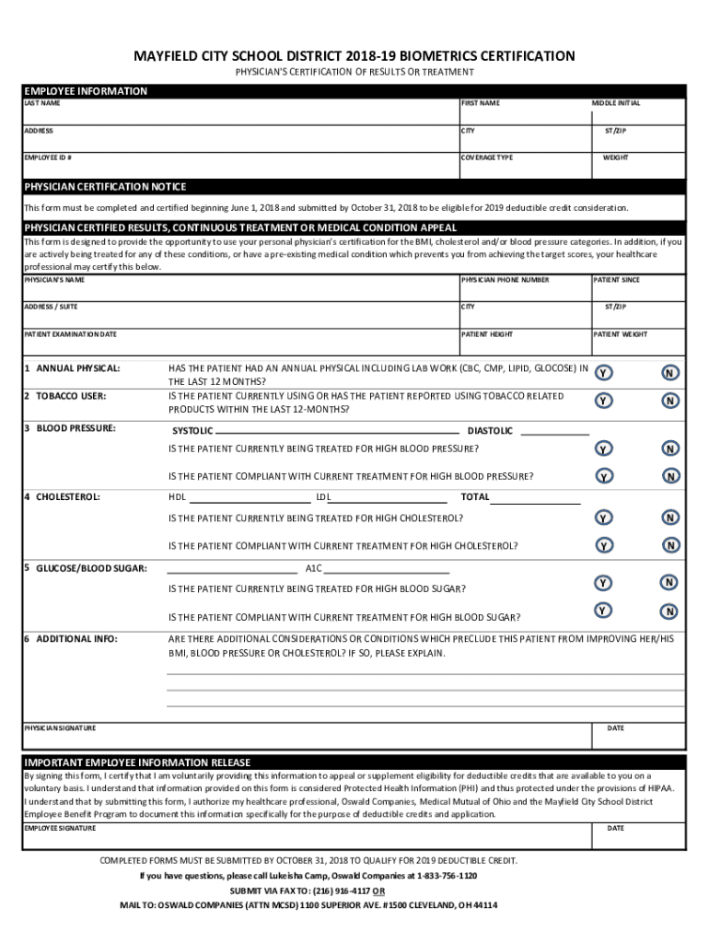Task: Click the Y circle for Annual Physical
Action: (x=603, y=374)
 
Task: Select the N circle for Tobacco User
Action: (x=671, y=401)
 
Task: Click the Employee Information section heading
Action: (x=86, y=91)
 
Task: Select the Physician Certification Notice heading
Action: (x=105, y=187)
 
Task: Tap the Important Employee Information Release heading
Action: (x=137, y=763)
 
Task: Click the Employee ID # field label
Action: (x=48, y=157)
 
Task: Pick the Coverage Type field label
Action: (x=487, y=157)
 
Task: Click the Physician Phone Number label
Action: (x=505, y=279)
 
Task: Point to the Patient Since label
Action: (x=617, y=279)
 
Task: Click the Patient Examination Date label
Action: (x=70, y=334)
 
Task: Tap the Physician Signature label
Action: (x=60, y=728)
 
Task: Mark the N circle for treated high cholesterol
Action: (x=671, y=518)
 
